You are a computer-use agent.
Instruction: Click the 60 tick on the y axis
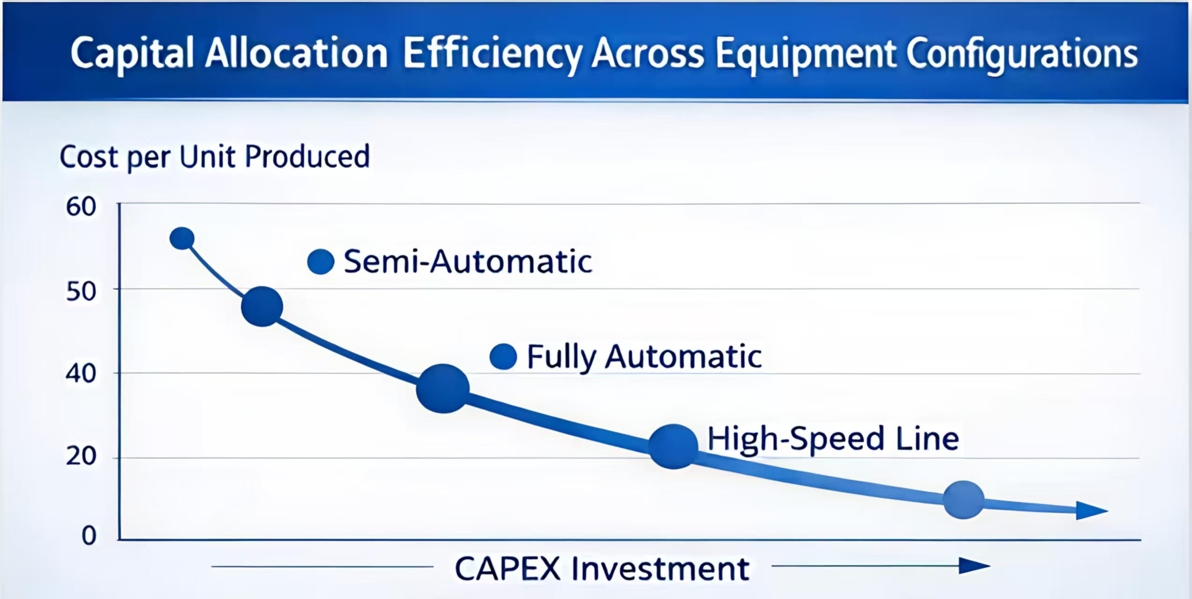(x=81, y=207)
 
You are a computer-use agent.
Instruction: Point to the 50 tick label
(x=81, y=292)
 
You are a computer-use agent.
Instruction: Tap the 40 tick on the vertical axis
(x=81, y=374)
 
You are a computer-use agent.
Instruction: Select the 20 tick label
(x=81, y=456)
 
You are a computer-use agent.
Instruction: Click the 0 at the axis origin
(x=89, y=536)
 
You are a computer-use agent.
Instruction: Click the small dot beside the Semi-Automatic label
(x=321, y=262)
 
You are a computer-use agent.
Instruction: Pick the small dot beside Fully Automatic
(x=503, y=357)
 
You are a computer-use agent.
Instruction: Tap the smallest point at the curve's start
(x=182, y=239)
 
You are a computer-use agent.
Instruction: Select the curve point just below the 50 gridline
(x=262, y=307)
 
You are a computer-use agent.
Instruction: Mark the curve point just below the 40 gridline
(x=443, y=388)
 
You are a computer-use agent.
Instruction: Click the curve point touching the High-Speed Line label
(x=673, y=447)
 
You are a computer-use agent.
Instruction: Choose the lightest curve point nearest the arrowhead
(x=964, y=500)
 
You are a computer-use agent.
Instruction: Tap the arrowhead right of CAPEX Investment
(x=974, y=566)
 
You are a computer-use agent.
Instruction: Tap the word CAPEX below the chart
(x=508, y=569)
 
